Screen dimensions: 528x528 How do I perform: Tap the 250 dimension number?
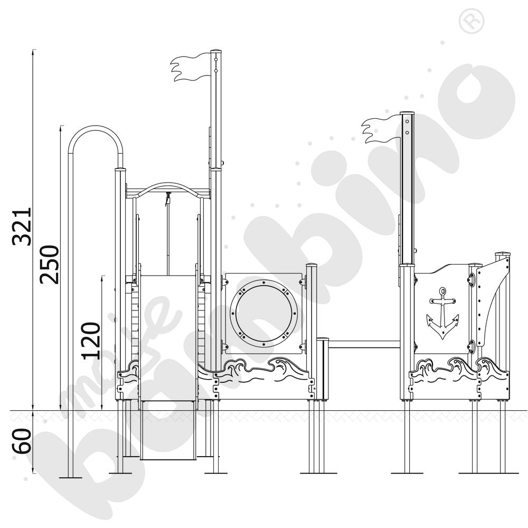[x=50, y=264]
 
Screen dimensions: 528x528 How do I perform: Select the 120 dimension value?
[x=91, y=340]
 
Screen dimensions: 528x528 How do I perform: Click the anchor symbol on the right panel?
[x=442, y=314]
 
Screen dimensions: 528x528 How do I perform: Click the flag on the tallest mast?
[x=190, y=69]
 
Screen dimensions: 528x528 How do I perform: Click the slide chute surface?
[x=168, y=338]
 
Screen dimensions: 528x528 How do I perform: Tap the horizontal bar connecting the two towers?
[x=364, y=345]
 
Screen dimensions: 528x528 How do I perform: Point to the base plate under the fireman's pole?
[x=71, y=477]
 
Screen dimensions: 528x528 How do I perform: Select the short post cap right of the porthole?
[x=312, y=265]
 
